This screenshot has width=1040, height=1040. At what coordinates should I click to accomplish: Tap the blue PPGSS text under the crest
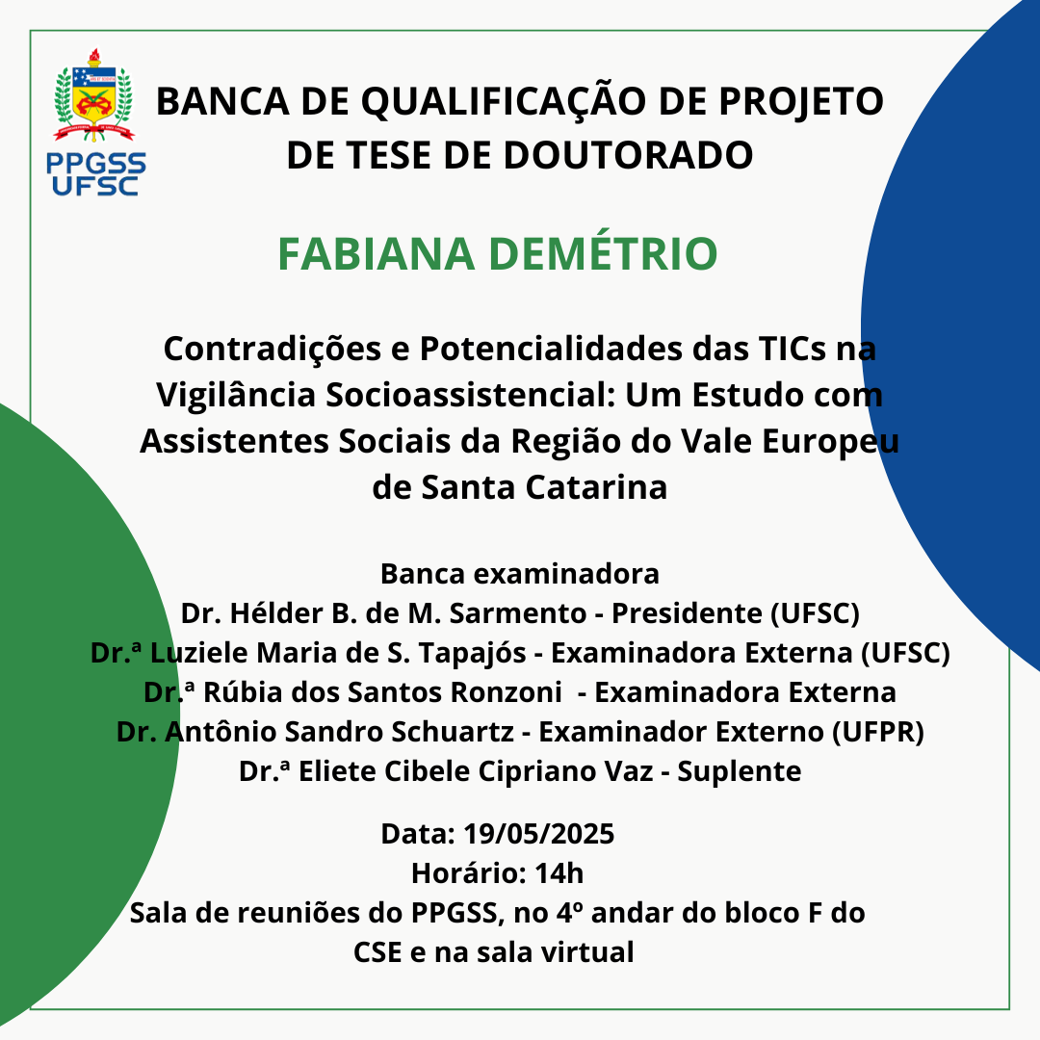pos(96,163)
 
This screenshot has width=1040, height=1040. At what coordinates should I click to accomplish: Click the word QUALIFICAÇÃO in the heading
pos(504,102)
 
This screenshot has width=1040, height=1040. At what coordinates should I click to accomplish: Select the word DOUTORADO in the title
pos(628,155)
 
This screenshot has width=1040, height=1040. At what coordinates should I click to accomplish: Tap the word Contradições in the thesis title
pos(272,350)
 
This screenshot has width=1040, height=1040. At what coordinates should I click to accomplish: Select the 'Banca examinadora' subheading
pos(520,574)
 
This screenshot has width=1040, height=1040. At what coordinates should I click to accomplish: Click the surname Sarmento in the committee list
pos(518,613)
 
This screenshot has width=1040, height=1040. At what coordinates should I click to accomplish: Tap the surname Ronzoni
pos(507,692)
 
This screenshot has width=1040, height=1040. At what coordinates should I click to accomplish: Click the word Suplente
pos(739,772)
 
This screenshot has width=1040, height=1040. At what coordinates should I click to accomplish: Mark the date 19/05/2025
pos(538,834)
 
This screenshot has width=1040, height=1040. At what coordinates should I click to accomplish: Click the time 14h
pos(559,873)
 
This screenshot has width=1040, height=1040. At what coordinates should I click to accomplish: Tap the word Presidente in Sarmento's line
pos(687,613)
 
